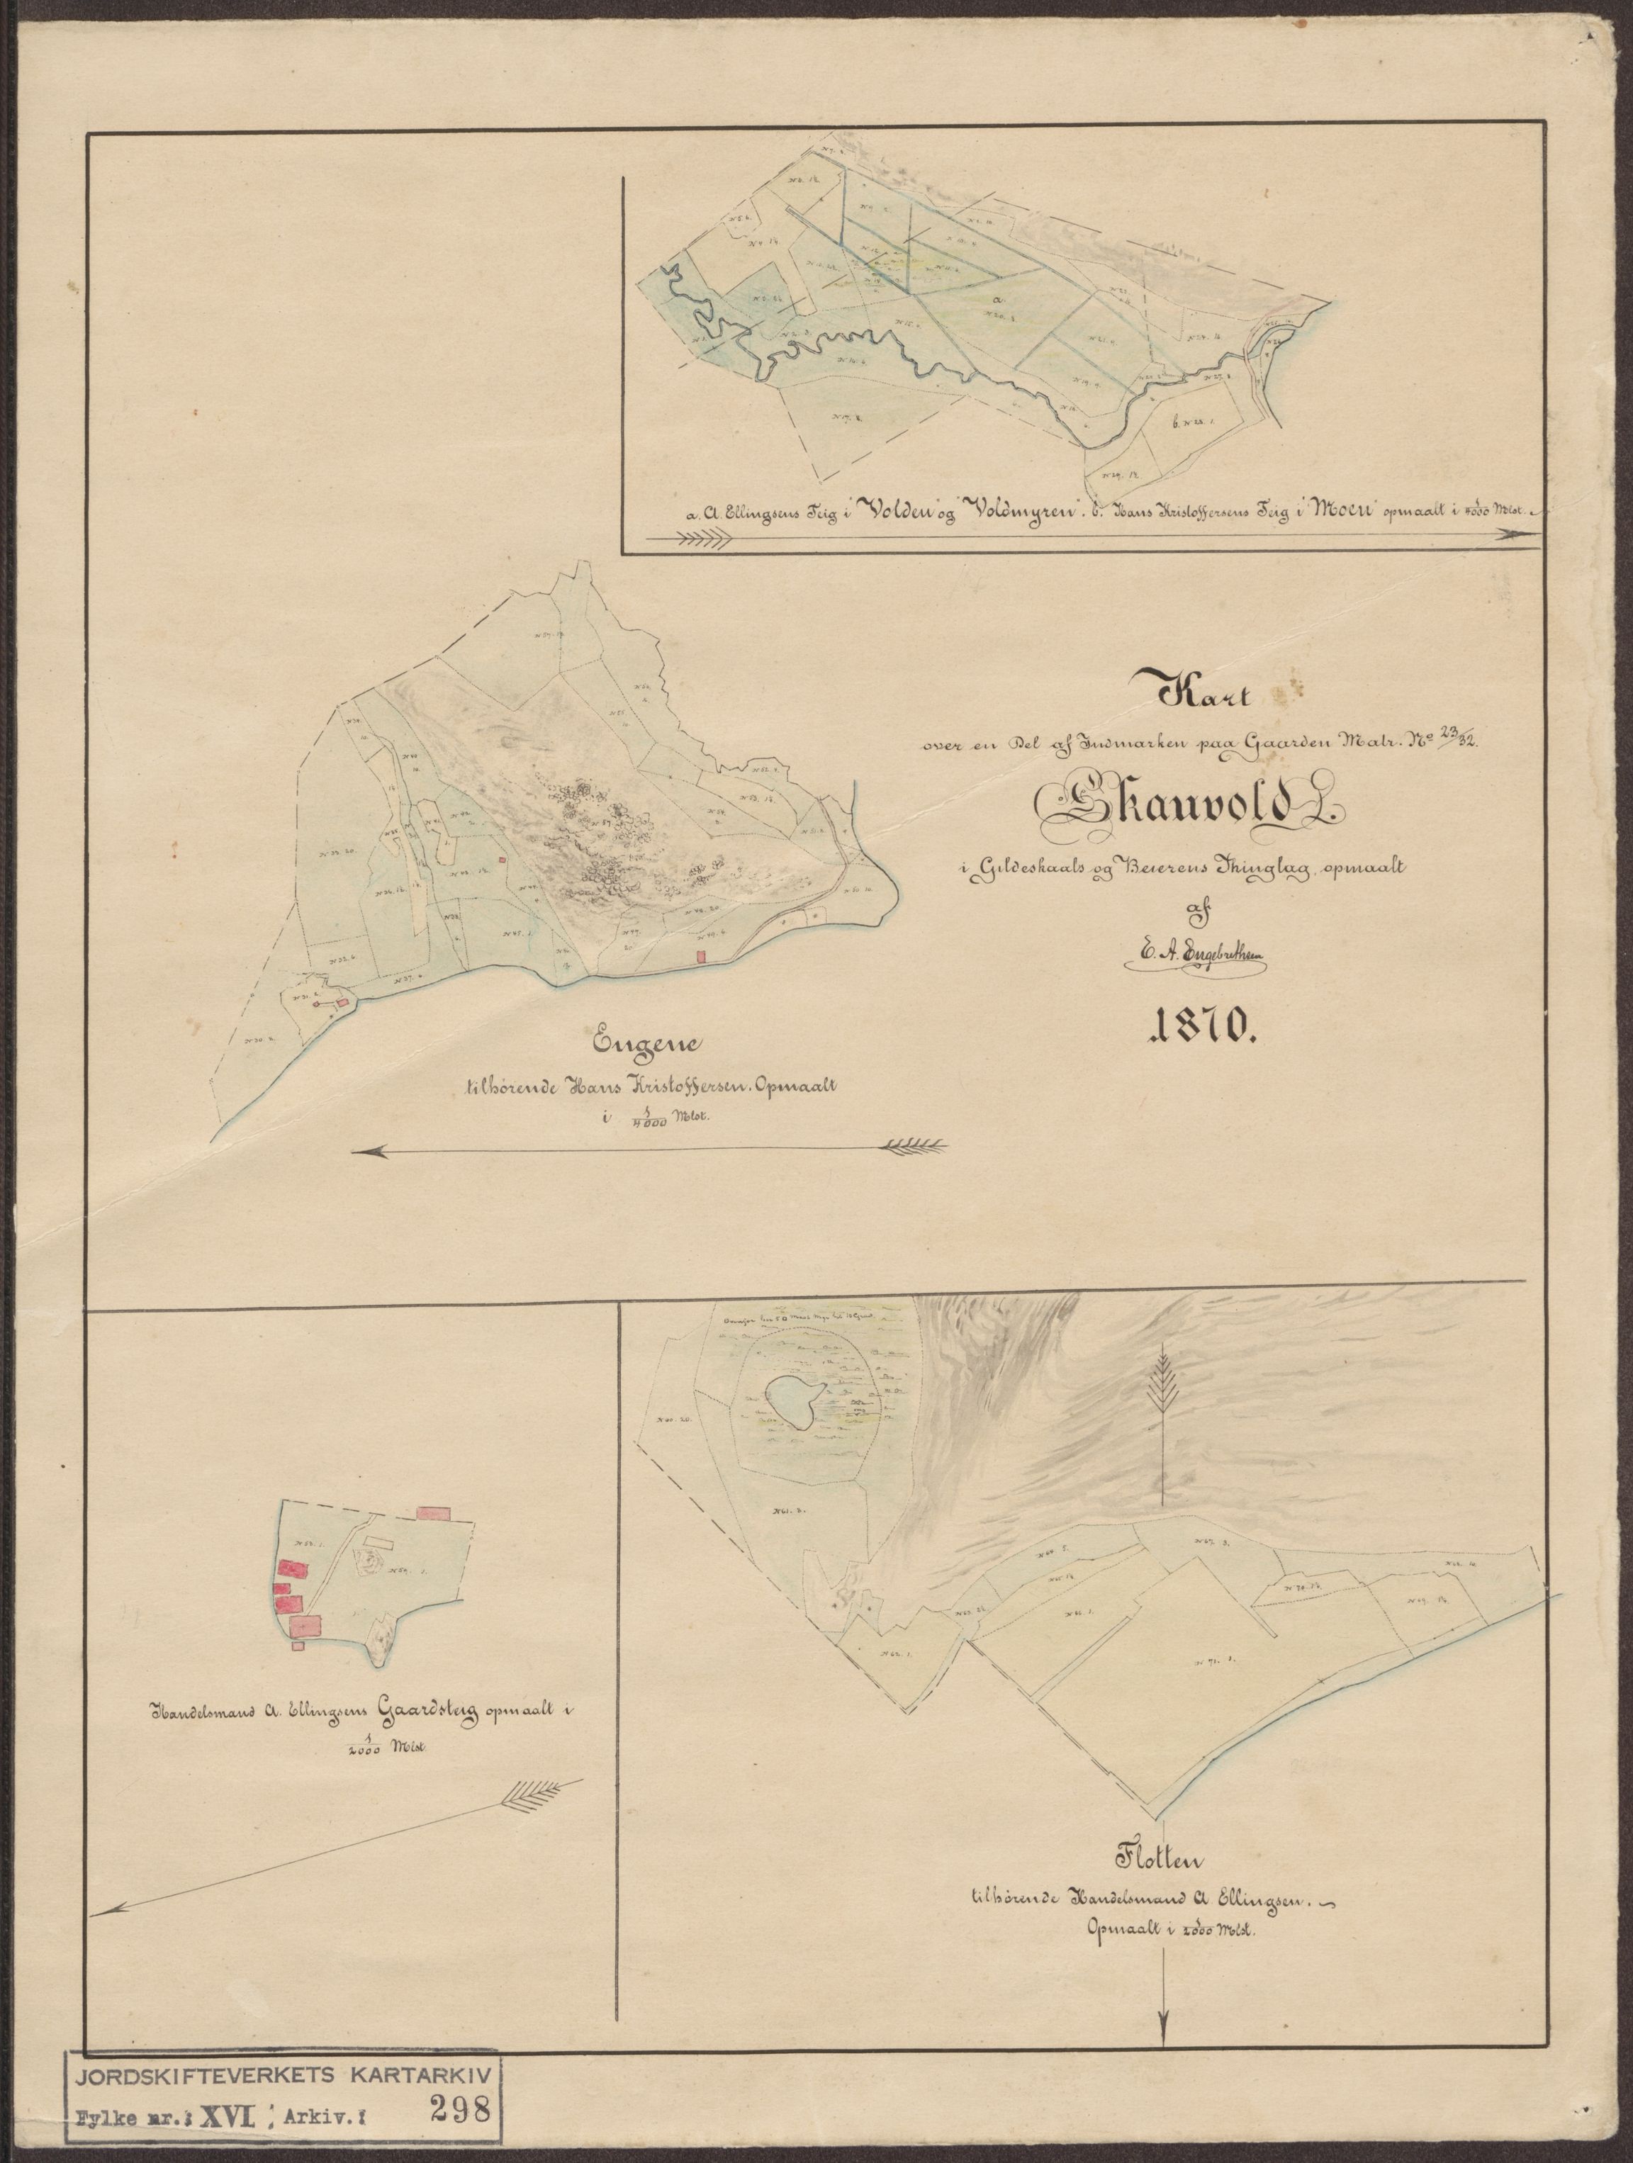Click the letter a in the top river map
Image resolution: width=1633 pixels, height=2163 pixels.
point(997,298)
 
